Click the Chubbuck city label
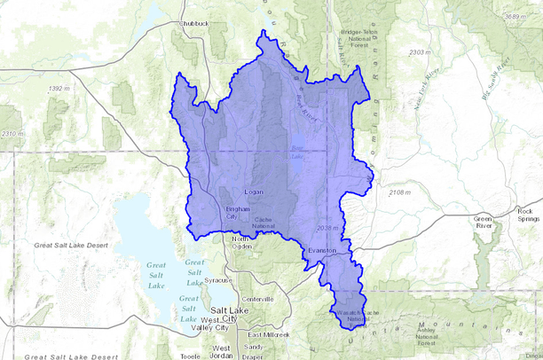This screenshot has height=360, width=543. click(194, 24)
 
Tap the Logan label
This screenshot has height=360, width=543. click(255, 192)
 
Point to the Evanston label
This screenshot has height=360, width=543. click(320, 251)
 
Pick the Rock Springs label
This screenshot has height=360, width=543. click(529, 215)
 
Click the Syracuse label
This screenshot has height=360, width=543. click(218, 280)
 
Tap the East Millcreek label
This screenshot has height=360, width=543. click(269, 335)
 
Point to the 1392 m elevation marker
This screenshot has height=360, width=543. click(59, 89)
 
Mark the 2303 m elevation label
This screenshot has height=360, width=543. click(419, 53)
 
